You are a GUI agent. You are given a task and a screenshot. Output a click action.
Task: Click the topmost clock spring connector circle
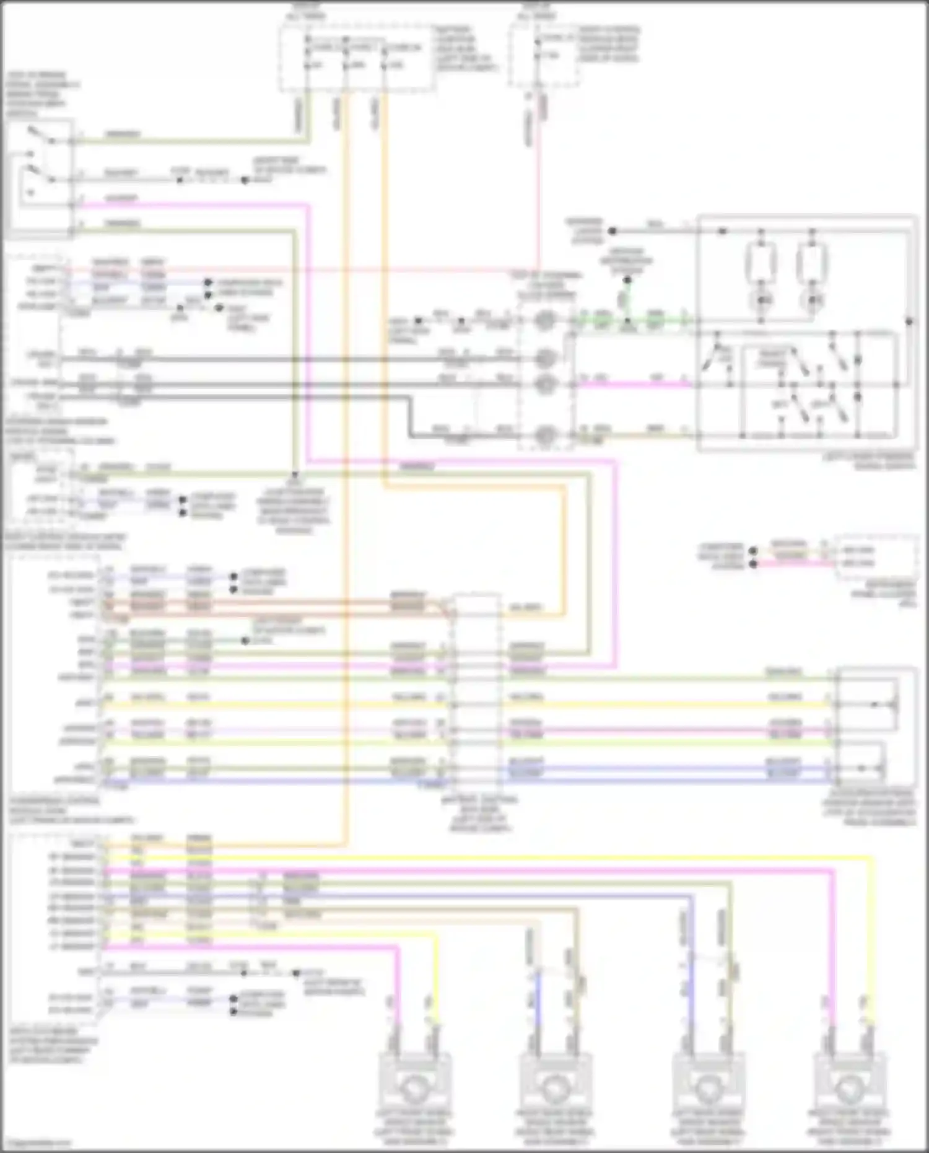click(x=544, y=321)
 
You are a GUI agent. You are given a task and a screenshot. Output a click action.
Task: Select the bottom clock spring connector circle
click(x=544, y=436)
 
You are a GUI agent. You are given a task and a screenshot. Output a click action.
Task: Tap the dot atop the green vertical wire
click(x=627, y=280)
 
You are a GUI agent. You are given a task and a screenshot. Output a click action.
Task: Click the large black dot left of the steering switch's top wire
click(x=612, y=231)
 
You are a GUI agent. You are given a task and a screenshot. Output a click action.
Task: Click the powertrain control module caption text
click(x=71, y=810)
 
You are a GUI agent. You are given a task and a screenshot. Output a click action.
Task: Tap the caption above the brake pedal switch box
click(x=43, y=94)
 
